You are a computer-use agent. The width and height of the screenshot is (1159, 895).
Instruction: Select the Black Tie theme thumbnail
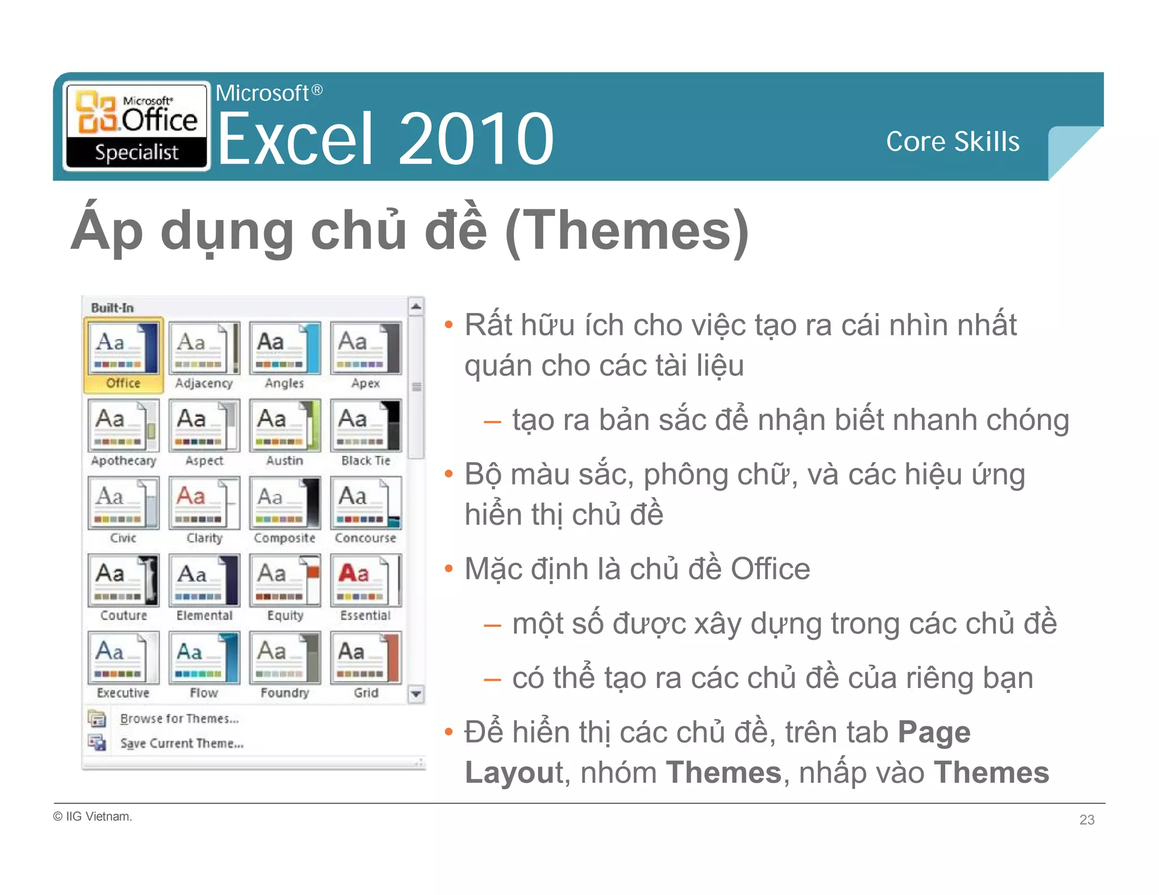pyautogui.click(x=366, y=425)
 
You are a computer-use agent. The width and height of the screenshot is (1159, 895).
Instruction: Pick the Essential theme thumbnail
pyautogui.click(x=366, y=580)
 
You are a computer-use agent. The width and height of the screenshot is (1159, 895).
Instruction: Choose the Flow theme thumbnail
pyautogui.click(x=204, y=658)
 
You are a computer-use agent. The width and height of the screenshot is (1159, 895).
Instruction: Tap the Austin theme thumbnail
pyautogui.click(x=285, y=425)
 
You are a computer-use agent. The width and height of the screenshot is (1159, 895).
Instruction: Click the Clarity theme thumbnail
pyautogui.click(x=204, y=503)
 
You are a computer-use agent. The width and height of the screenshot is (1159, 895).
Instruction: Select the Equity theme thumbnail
pyautogui.click(x=285, y=580)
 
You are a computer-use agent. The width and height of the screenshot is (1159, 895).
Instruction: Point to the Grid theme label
pyautogui.click(x=366, y=692)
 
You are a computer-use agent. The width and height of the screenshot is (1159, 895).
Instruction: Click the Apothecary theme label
pyautogui.click(x=123, y=461)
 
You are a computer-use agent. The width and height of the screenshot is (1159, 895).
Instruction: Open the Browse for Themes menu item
pyautogui.click(x=179, y=718)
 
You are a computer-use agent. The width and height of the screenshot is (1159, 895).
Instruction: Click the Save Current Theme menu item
pyautogui.click(x=181, y=743)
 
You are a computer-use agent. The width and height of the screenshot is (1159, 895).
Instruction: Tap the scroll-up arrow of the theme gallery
pyautogui.click(x=416, y=307)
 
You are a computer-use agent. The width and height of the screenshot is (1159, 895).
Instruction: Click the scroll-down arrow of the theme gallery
pyautogui.click(x=416, y=694)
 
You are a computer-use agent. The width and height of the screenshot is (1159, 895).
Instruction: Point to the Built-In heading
pyautogui.click(x=112, y=308)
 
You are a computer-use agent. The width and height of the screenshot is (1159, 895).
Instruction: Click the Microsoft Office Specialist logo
pyautogui.click(x=136, y=126)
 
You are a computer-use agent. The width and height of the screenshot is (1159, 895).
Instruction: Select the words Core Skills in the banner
pyautogui.click(x=952, y=141)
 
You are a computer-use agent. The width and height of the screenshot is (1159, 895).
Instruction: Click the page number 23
pyautogui.click(x=1087, y=820)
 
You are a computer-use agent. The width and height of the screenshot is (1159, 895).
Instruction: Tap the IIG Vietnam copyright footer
pyautogui.click(x=93, y=816)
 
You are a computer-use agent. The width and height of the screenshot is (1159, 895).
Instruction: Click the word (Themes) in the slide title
pyautogui.click(x=626, y=231)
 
